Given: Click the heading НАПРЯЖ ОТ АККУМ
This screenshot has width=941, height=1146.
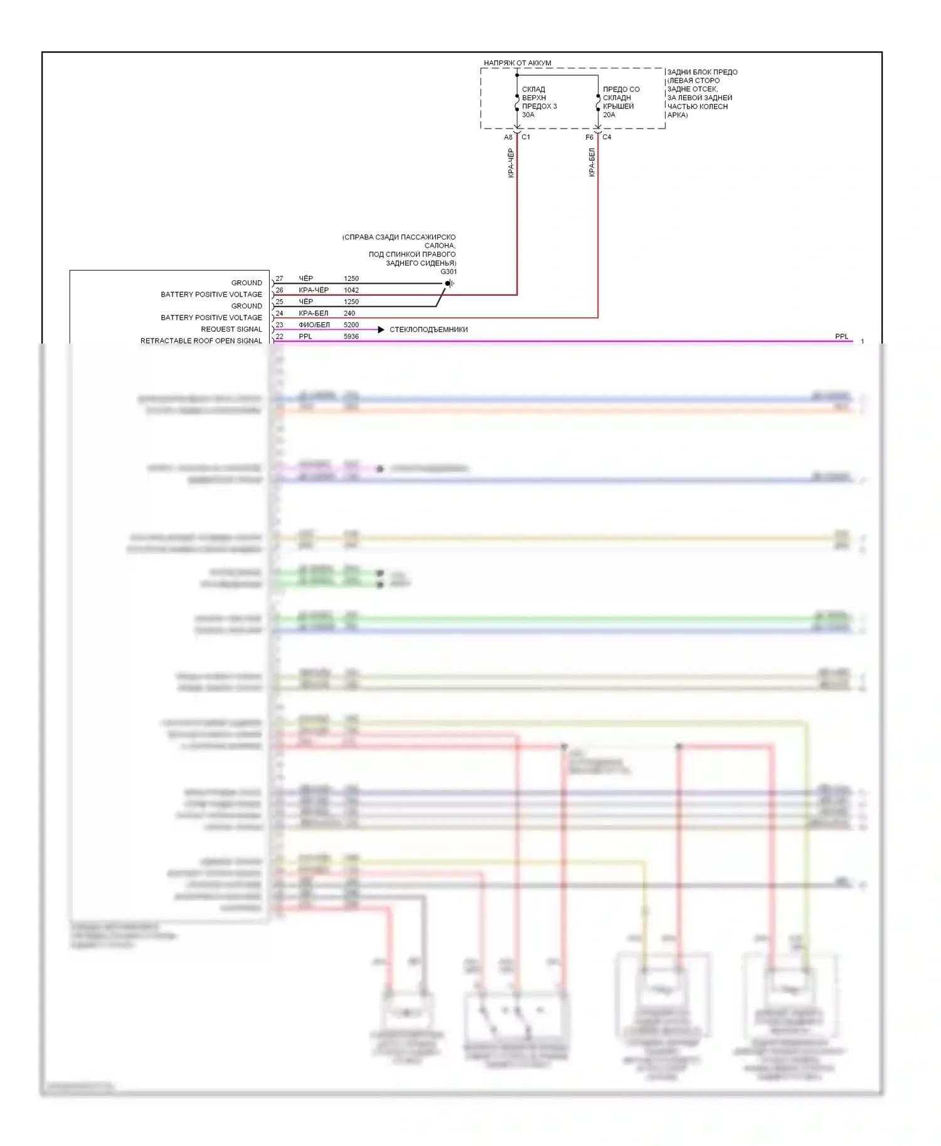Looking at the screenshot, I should pyautogui.click(x=517, y=63).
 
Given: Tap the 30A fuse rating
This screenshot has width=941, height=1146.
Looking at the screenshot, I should pyautogui.click(x=528, y=115).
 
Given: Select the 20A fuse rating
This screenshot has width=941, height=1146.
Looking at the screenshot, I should pyautogui.click(x=609, y=115).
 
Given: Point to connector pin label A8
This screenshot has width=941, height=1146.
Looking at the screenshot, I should pyautogui.click(x=508, y=137).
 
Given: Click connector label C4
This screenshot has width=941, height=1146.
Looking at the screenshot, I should pyautogui.click(x=607, y=137).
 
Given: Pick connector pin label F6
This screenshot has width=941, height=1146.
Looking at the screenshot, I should pyautogui.click(x=589, y=137).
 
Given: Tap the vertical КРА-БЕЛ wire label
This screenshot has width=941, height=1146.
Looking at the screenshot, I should pyautogui.click(x=592, y=162).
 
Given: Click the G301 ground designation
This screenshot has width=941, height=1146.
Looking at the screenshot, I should pyautogui.click(x=449, y=271).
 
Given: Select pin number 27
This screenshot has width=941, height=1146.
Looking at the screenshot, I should pyautogui.click(x=279, y=278).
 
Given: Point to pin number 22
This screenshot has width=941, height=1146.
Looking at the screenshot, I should pyautogui.click(x=279, y=337).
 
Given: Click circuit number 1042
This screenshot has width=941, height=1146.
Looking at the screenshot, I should pyautogui.click(x=351, y=290).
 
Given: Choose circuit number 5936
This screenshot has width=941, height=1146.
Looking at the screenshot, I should pyautogui.click(x=351, y=337).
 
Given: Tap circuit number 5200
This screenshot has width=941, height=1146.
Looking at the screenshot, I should pyautogui.click(x=351, y=325).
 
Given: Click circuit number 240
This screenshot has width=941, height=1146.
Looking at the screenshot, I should pyautogui.click(x=349, y=313).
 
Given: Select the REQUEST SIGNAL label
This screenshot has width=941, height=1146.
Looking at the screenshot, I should pyautogui.click(x=231, y=329).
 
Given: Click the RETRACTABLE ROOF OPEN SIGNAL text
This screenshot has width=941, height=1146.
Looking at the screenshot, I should pyautogui.click(x=201, y=341).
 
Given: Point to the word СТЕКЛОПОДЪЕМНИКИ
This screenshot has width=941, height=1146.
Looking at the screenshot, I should pyautogui.click(x=428, y=330).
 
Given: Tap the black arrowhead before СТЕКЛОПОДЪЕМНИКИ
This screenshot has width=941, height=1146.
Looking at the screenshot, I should pyautogui.click(x=381, y=330).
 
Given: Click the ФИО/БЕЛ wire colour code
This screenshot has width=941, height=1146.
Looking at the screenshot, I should pyautogui.click(x=314, y=325).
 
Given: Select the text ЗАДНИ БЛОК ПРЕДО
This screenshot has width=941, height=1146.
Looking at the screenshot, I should pyautogui.click(x=702, y=72).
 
